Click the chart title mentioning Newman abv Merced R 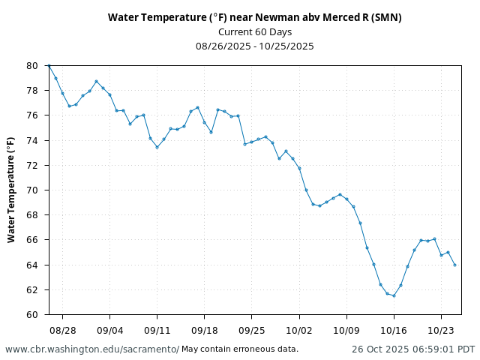pyautogui.click(x=255, y=17)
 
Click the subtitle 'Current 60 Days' pyautogui.click(x=255, y=31)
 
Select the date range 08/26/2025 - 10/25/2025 pyautogui.click(x=255, y=46)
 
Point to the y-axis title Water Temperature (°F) pyautogui.click(x=11, y=190)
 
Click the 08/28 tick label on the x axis pyautogui.click(x=62, y=330)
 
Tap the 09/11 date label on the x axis pyautogui.click(x=157, y=330)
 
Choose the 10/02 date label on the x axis pyautogui.click(x=299, y=330)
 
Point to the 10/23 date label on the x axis pyautogui.click(x=441, y=330)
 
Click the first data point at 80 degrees pyautogui.click(x=49, y=65)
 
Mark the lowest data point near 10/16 pyautogui.click(x=394, y=295)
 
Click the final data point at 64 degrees pyautogui.click(x=454, y=265)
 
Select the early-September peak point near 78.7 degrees pyautogui.click(x=96, y=81)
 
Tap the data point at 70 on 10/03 pyautogui.click(x=306, y=190)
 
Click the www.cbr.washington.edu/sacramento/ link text pyautogui.click(x=92, y=349)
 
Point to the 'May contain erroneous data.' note pyautogui.click(x=240, y=349)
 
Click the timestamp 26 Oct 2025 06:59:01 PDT pyautogui.click(x=413, y=349)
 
